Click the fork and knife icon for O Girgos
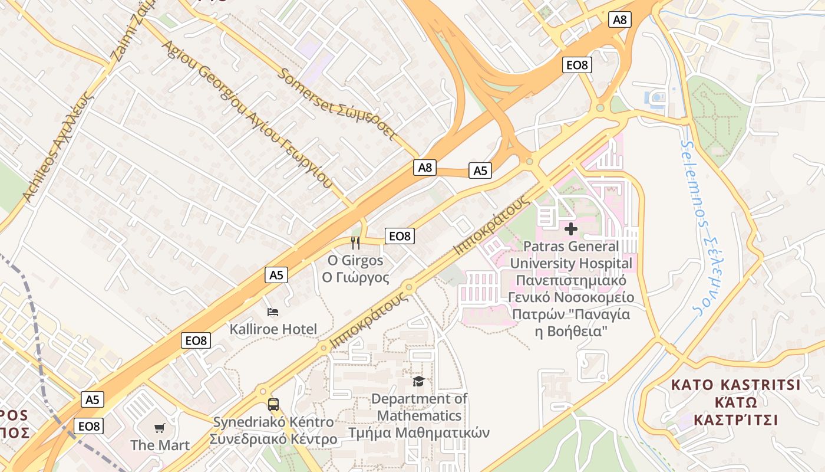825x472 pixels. [355, 242]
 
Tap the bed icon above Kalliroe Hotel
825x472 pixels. [272, 312]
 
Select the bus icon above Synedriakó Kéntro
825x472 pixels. [273, 405]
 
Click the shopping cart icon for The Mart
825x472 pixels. [160, 428]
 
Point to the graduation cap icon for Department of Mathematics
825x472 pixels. [418, 382]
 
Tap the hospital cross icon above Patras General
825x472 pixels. [570, 228]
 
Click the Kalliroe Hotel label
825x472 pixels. [273, 329]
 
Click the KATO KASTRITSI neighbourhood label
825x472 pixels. [736, 385]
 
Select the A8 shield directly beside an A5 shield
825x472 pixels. [425, 168]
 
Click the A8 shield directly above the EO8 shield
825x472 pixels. [619, 20]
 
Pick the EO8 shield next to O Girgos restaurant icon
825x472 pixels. [400, 237]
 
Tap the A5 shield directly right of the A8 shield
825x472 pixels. [480, 171]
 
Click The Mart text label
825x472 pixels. [160, 445]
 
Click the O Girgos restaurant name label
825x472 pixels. [355, 261]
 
